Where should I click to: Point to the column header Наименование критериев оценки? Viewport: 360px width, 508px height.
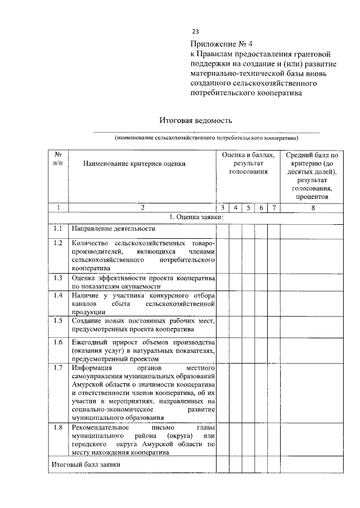point(133,164)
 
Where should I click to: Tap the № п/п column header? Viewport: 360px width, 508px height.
point(57,158)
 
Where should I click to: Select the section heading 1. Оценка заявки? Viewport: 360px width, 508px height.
point(196,217)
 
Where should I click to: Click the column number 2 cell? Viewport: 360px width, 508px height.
point(142,208)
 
